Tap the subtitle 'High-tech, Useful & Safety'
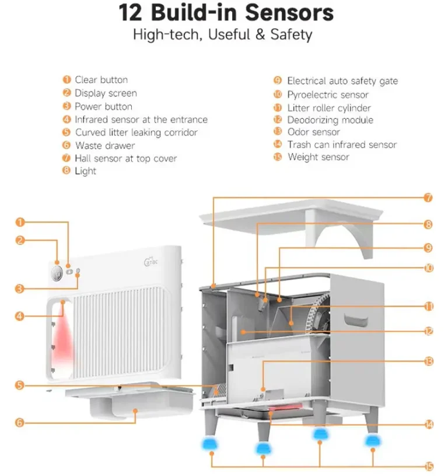pos(222,34)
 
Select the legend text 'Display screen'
pos(106,93)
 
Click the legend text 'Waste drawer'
pos(104,145)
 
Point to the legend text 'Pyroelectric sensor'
pos(327,95)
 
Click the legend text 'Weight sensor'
pos(318,157)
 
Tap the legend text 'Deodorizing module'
pos(330,120)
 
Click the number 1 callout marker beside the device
pos(20,222)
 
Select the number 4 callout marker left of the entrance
pos(20,316)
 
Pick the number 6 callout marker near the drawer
pos(20,422)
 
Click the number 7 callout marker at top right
pos(429,197)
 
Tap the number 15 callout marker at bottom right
pos(429,466)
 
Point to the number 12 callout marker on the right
pos(429,331)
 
